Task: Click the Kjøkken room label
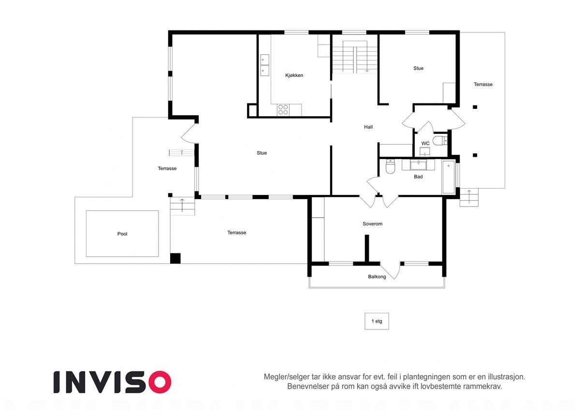(294, 75)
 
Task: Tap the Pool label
(122, 234)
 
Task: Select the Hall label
(368, 127)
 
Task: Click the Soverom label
(372, 224)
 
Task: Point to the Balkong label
(377, 277)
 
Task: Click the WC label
(425, 144)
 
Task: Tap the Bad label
(418, 177)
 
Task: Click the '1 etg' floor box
(377, 322)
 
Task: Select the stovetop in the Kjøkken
(283, 110)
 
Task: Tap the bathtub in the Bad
(449, 178)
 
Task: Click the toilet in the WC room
(439, 141)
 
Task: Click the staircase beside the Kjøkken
(355, 57)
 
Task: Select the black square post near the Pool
(175, 258)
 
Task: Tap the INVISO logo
(112, 382)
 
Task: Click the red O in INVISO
(159, 382)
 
